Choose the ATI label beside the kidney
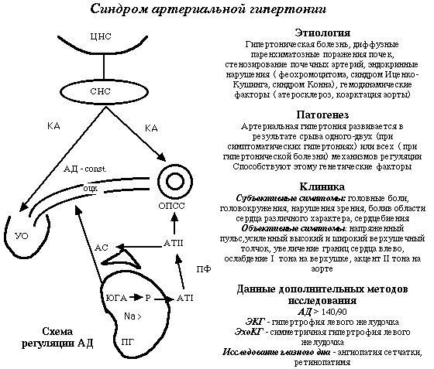tap(184, 297)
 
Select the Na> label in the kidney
tap(133, 316)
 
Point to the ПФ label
tap(204, 268)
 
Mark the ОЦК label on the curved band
tap(89, 188)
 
